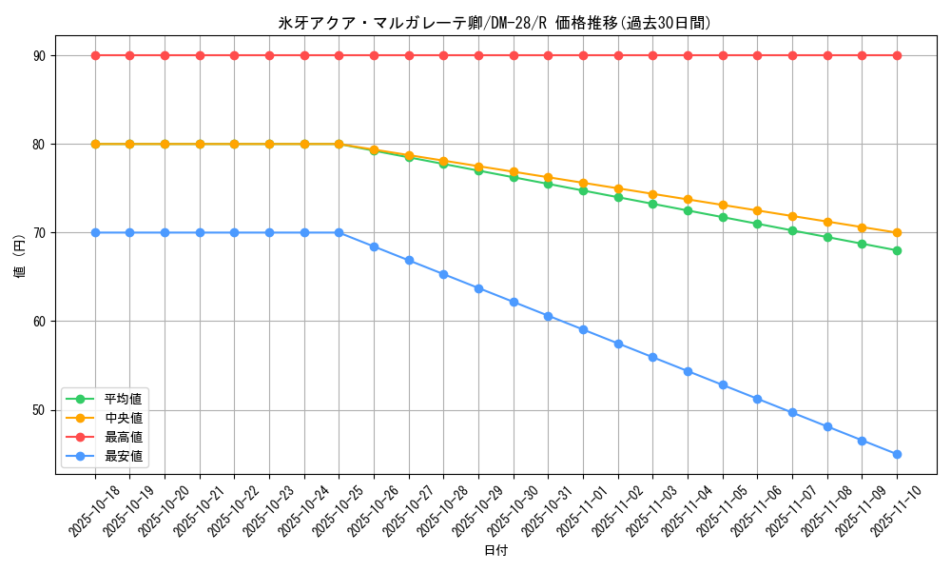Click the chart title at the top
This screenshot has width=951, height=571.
coord(495,23)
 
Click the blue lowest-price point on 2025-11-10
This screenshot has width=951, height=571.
coord(897,454)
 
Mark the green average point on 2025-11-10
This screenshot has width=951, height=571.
coord(897,250)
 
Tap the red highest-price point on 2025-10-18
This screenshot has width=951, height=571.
coord(95,55)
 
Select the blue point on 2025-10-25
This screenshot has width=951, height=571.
coord(339,232)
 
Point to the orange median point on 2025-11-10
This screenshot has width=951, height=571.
coord(897,232)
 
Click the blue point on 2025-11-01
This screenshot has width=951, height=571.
coord(583,329)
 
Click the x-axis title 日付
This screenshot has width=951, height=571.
coord(495,551)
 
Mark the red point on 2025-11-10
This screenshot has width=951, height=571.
coord(897,55)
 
